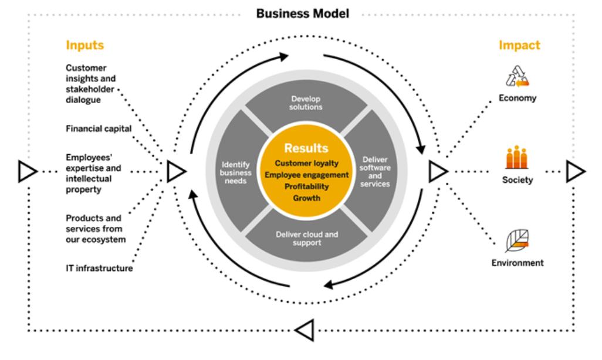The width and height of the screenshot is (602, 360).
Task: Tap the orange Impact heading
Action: point(519,45)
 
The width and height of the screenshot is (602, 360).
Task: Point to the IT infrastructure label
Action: point(99,269)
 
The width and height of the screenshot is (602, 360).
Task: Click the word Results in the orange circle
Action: point(306,148)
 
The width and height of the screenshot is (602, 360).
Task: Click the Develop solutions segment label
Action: point(307,103)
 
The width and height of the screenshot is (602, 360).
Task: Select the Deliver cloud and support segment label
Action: point(307,238)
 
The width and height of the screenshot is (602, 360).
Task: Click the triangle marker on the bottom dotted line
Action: point(305,330)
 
